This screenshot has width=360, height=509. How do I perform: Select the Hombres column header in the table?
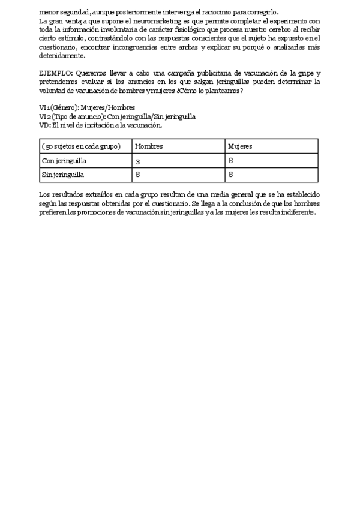pyautogui.click(x=149, y=146)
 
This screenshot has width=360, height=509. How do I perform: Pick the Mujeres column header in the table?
pyautogui.click(x=240, y=146)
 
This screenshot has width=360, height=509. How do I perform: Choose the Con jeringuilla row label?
pyautogui.click(x=65, y=161)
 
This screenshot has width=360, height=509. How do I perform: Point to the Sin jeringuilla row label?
pyautogui.click(x=63, y=175)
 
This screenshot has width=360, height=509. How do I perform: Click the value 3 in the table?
pyautogui.click(x=137, y=161)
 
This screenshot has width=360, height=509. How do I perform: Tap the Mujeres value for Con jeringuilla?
pyautogui.click(x=230, y=161)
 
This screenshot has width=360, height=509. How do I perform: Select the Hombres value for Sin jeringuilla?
pyautogui.click(x=137, y=175)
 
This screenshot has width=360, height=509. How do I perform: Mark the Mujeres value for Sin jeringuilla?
pyautogui.click(x=230, y=175)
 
